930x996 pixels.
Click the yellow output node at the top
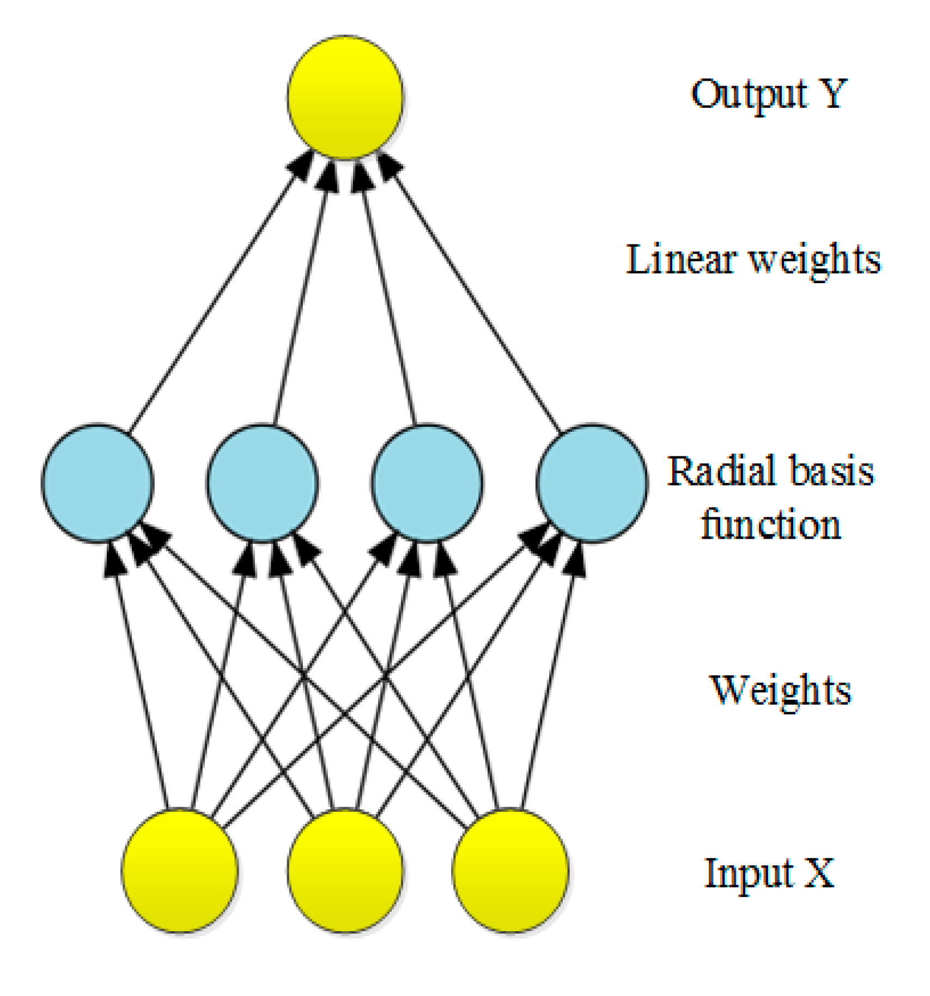(x=345, y=97)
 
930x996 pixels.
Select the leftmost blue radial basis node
(x=98, y=483)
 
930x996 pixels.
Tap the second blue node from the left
(x=263, y=483)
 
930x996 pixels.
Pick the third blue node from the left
(x=428, y=483)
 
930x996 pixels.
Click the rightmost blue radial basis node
(x=592, y=483)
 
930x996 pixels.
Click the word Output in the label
(x=749, y=95)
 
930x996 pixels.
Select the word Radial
(x=714, y=471)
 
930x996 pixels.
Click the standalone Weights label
(x=780, y=691)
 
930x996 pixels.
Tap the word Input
(x=749, y=875)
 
